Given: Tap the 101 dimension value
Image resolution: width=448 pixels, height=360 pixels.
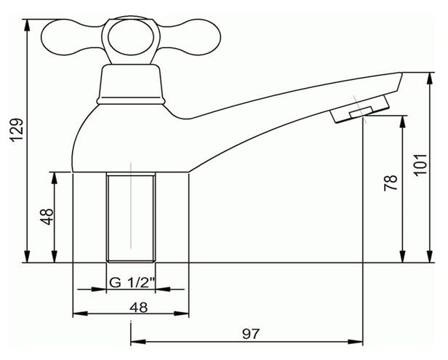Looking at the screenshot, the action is (x=420, y=165).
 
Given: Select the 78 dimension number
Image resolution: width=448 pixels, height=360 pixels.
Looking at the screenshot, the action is (x=391, y=183).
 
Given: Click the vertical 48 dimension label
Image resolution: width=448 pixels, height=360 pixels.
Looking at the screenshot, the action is (x=47, y=217).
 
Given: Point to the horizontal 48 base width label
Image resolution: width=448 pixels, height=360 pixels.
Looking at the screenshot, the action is (x=139, y=308).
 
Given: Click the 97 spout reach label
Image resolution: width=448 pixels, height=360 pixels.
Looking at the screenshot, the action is (x=252, y=333).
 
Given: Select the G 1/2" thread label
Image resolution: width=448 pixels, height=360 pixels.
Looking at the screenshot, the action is (x=132, y=283).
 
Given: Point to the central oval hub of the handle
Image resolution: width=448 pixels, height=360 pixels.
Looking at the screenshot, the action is (x=131, y=37).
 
